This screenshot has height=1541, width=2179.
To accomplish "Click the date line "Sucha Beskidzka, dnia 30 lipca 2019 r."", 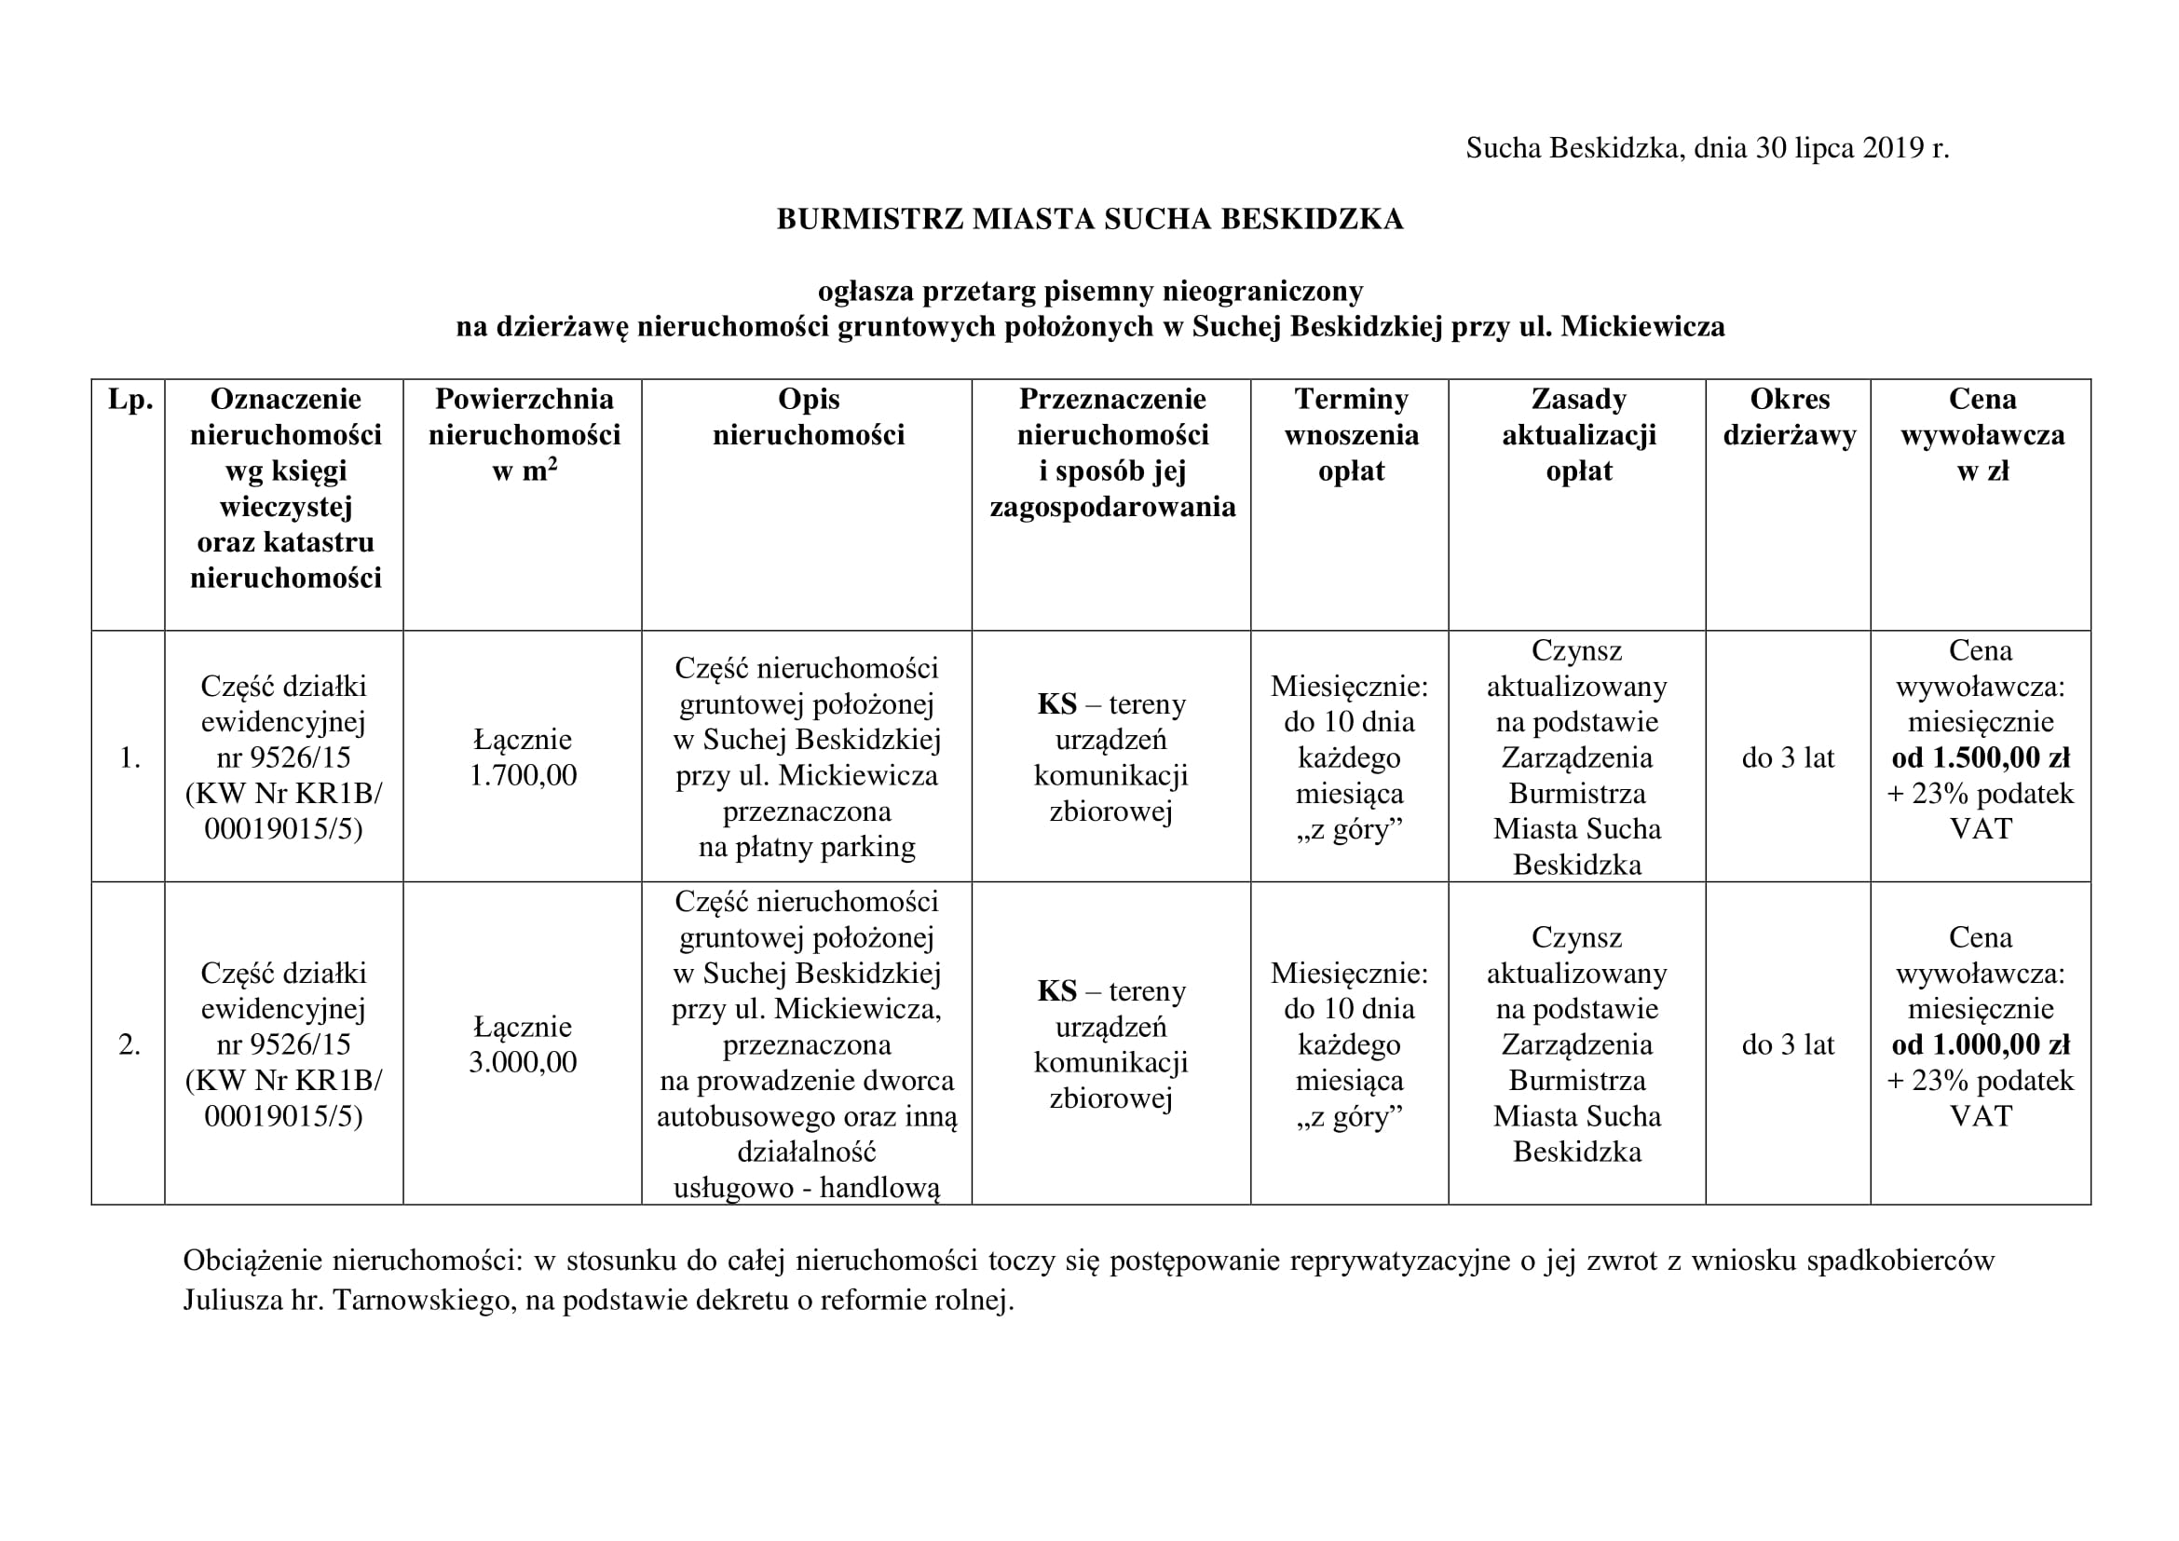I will point(1707,148).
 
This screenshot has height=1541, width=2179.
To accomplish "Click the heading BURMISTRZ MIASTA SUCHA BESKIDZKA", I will point(1090,219).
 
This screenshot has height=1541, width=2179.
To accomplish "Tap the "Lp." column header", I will point(130,400).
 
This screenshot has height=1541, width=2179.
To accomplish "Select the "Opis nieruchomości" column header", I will point(809,416).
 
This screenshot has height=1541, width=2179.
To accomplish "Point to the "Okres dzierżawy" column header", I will point(1789,416).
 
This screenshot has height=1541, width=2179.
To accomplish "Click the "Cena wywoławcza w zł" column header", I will point(1982,434).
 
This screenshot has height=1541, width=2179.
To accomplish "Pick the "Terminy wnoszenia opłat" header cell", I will point(1351,434).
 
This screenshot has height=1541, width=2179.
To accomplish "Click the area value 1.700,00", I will point(523,775).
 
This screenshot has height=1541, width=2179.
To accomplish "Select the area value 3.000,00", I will point(523,1062).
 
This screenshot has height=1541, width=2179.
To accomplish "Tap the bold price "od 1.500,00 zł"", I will point(1981,757).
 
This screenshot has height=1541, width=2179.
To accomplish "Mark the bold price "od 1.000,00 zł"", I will point(1981,1044).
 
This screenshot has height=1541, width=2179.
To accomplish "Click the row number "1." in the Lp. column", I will point(130,758).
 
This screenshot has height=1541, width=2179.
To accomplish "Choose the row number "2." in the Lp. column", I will point(130,1044).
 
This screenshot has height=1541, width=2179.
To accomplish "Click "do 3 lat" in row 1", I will point(1788,757).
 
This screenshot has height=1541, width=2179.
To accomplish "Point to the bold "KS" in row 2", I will point(1056,991).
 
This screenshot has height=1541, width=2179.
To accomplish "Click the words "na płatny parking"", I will point(807,846).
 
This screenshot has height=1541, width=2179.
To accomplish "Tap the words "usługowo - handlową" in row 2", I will point(807,1187).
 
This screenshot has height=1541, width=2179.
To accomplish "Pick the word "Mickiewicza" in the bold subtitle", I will point(1642,326).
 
